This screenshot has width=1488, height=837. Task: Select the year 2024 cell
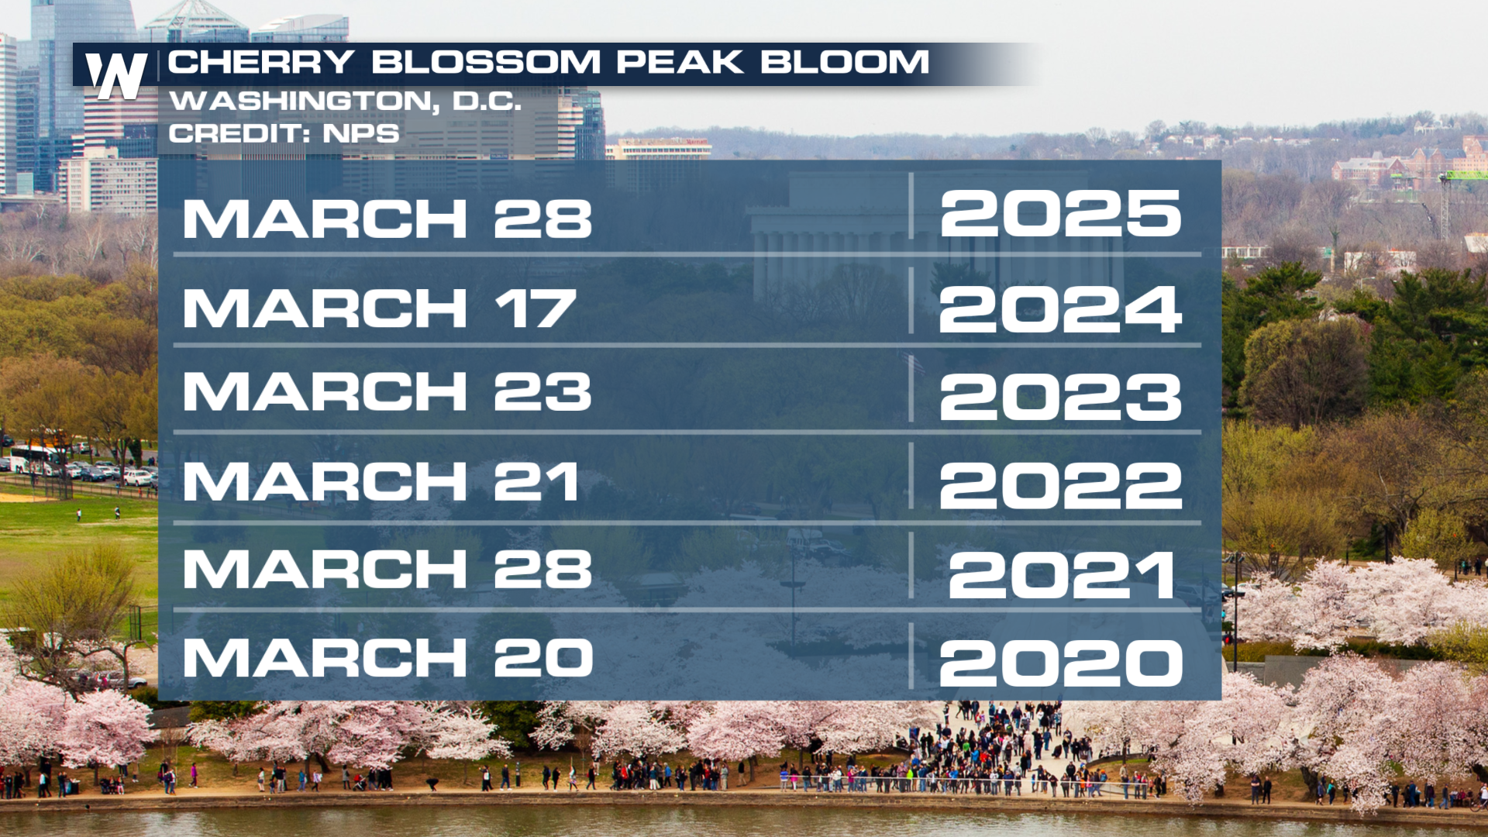coord(1060,309)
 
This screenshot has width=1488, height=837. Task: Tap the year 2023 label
coord(1060,398)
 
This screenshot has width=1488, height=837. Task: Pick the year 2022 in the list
coord(1060,486)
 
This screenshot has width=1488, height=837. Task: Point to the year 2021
coord(1062,575)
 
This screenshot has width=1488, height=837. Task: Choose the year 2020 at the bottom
coord(1061,663)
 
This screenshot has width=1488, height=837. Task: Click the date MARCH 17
coord(380,308)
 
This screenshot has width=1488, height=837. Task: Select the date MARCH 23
coord(387,391)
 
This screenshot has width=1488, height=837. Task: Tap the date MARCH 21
coord(381,481)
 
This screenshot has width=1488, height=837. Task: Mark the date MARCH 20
coord(388,657)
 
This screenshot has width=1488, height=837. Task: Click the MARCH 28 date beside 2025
coord(387,219)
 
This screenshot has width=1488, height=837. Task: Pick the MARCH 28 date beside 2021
coord(387,569)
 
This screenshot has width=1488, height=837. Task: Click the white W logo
coord(116,75)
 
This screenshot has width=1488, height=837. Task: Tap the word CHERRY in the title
coord(261,62)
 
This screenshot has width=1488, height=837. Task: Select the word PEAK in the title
coord(680,62)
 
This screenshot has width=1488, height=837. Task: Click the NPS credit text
coord(361,133)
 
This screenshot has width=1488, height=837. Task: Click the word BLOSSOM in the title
coord(486,62)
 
